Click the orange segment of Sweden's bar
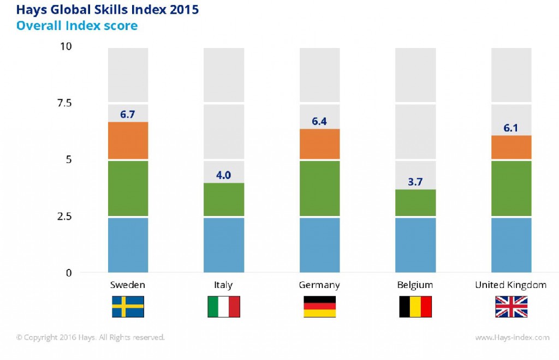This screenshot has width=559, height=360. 128,140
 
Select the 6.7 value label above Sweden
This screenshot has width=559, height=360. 128,114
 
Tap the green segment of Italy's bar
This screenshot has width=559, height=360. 224,200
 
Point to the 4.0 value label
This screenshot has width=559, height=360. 224,175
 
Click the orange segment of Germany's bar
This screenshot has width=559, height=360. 320,144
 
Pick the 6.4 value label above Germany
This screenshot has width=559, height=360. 320,121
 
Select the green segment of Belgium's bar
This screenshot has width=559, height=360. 415,203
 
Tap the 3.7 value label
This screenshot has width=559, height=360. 415,182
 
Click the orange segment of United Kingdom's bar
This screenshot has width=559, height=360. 512,147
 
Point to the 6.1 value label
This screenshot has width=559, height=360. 512,128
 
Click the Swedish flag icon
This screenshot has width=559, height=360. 128,307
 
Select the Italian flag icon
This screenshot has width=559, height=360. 224,307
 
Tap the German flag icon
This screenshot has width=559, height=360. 320,307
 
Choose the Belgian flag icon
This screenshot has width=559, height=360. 415,307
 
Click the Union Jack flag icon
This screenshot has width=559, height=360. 512,307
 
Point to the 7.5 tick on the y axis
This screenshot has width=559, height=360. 64,103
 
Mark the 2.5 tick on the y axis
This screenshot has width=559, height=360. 64,216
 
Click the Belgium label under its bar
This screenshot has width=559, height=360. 415,285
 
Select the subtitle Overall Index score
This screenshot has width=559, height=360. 77,26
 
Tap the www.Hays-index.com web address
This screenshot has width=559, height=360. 512,338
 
